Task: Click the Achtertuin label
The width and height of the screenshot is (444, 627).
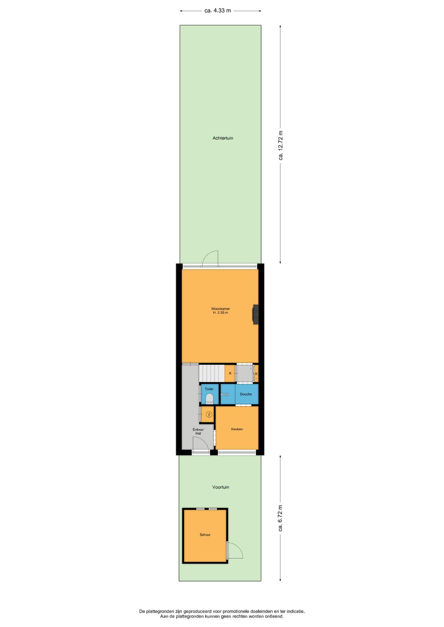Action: [223, 138]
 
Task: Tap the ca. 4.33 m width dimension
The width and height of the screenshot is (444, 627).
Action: [218, 11]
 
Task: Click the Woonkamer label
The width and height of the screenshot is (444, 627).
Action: [220, 309]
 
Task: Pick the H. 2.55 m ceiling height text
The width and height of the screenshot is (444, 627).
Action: [220, 313]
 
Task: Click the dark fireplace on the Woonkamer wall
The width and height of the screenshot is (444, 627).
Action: [255, 314]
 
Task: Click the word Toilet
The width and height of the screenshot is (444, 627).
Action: [209, 389]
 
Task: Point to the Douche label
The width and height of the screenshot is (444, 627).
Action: [246, 394]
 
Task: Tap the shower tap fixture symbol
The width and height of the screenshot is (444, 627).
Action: [224, 394]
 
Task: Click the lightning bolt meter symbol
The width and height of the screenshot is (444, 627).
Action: [209, 415]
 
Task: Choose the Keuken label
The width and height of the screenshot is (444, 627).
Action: [237, 429]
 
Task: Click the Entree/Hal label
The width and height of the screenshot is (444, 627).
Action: [198, 431]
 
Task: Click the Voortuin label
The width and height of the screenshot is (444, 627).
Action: [221, 487]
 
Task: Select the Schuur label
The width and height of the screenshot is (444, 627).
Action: [205, 535]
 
